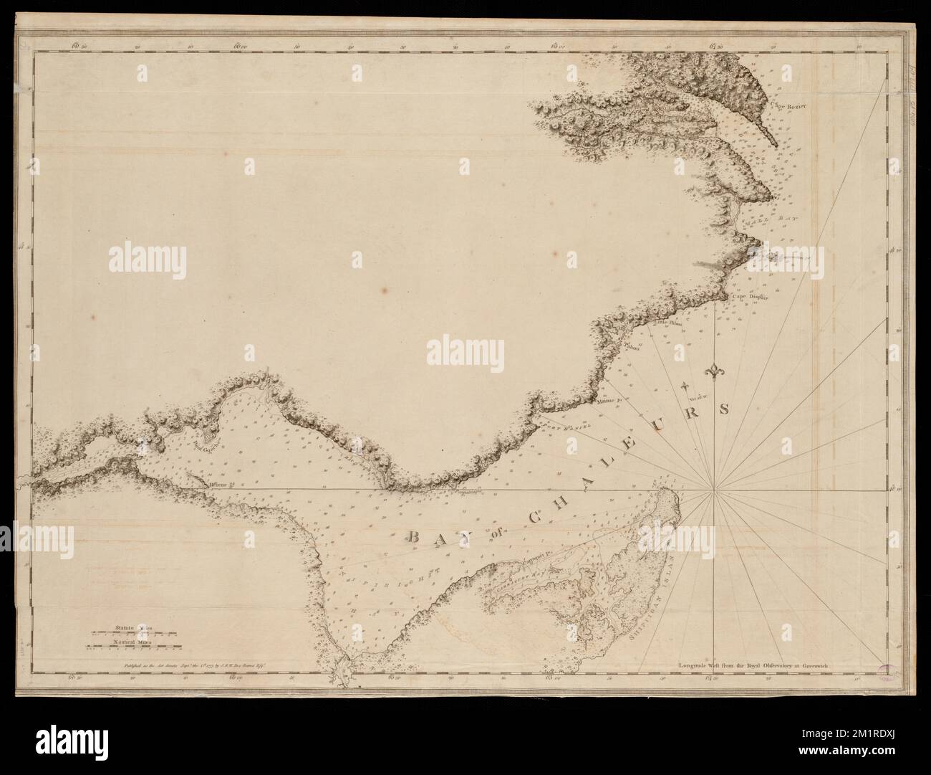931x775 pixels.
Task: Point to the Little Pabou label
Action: tap(670, 323)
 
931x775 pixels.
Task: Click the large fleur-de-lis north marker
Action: tap(714, 372)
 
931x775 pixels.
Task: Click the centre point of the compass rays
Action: tap(714, 490)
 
